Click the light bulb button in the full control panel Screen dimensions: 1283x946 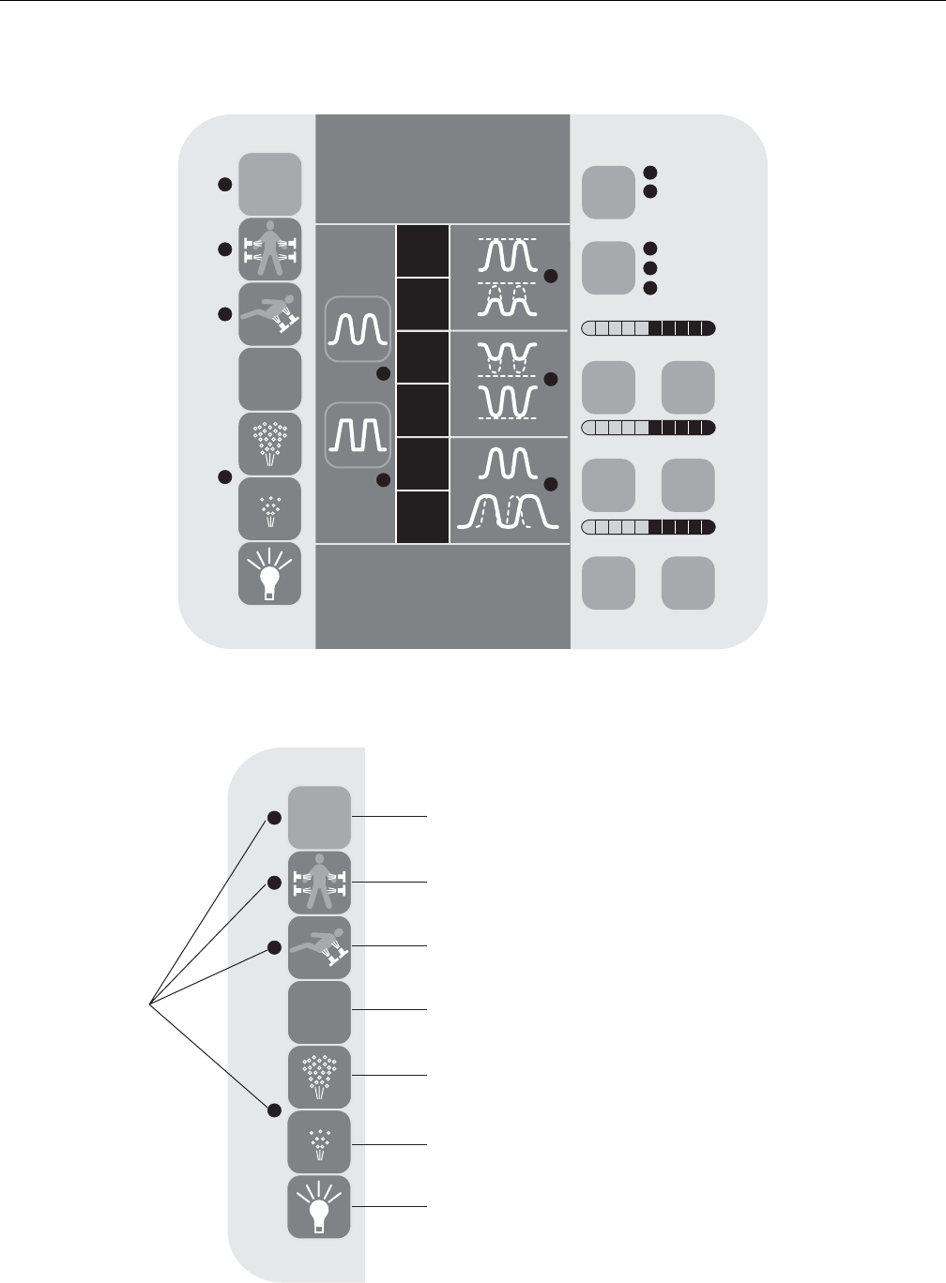click(269, 573)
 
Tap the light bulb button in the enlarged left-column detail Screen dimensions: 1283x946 click(319, 1207)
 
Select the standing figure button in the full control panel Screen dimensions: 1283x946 click(269, 249)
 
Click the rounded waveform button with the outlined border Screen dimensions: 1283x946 click(356, 329)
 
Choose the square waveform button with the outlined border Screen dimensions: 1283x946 click(356, 434)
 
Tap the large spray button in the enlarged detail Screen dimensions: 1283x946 click(319, 1078)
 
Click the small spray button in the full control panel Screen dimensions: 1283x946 click(269, 508)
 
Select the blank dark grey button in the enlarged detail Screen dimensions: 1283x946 click(319, 1013)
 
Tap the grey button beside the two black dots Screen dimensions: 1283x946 click(608, 192)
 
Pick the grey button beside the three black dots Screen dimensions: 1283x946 click(608, 267)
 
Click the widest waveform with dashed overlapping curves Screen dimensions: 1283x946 click(508, 517)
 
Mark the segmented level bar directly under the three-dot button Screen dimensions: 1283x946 click(648, 328)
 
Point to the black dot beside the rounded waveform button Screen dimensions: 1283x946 click(382, 374)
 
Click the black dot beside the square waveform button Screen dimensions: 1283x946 click(382, 480)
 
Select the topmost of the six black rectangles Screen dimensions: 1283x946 click(422, 250)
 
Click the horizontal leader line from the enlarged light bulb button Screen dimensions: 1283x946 click(389, 1207)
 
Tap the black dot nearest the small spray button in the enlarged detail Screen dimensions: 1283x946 click(274, 1110)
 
